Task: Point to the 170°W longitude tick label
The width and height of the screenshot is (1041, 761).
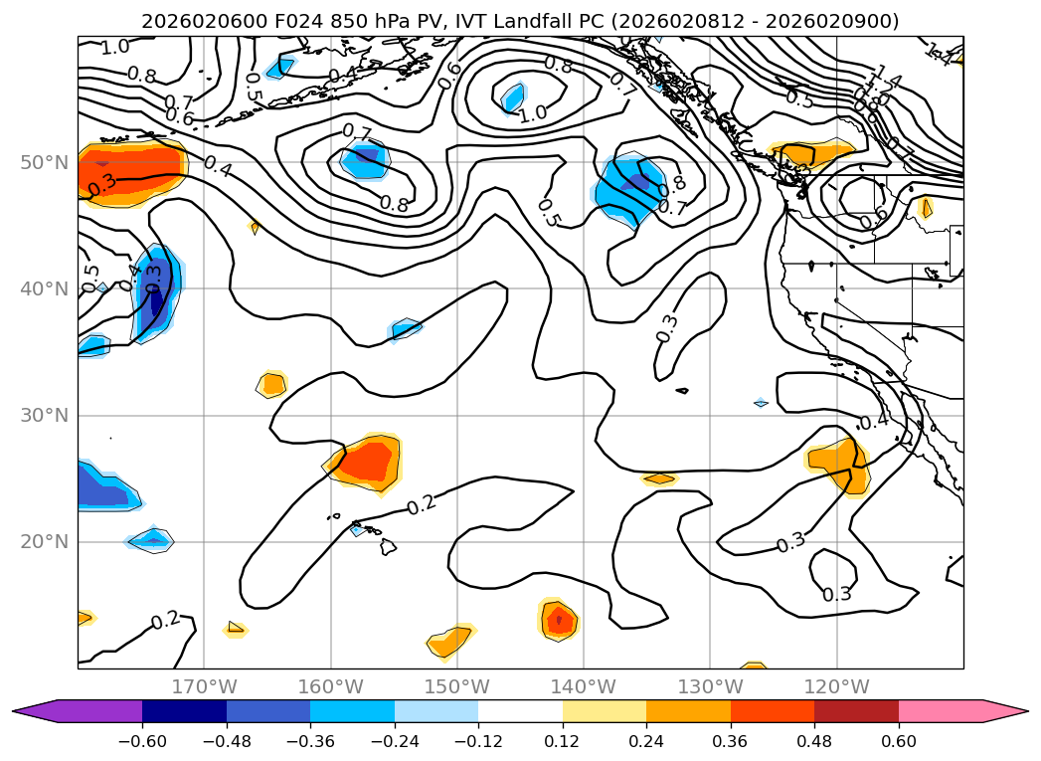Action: pos(204,686)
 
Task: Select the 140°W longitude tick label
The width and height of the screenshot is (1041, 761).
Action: pos(584,686)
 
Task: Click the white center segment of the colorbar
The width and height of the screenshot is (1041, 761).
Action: pos(520,710)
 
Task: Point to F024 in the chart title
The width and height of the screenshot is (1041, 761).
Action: pos(289,21)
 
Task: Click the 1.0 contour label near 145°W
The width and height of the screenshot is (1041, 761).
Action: pos(533,113)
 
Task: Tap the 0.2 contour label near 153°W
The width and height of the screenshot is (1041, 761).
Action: pos(422,504)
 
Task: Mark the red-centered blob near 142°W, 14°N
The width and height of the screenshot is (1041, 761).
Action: pos(558,620)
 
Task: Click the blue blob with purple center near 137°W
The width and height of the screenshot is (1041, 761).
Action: pos(632,185)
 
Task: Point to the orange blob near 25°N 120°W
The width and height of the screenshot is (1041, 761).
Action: pos(838,464)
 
